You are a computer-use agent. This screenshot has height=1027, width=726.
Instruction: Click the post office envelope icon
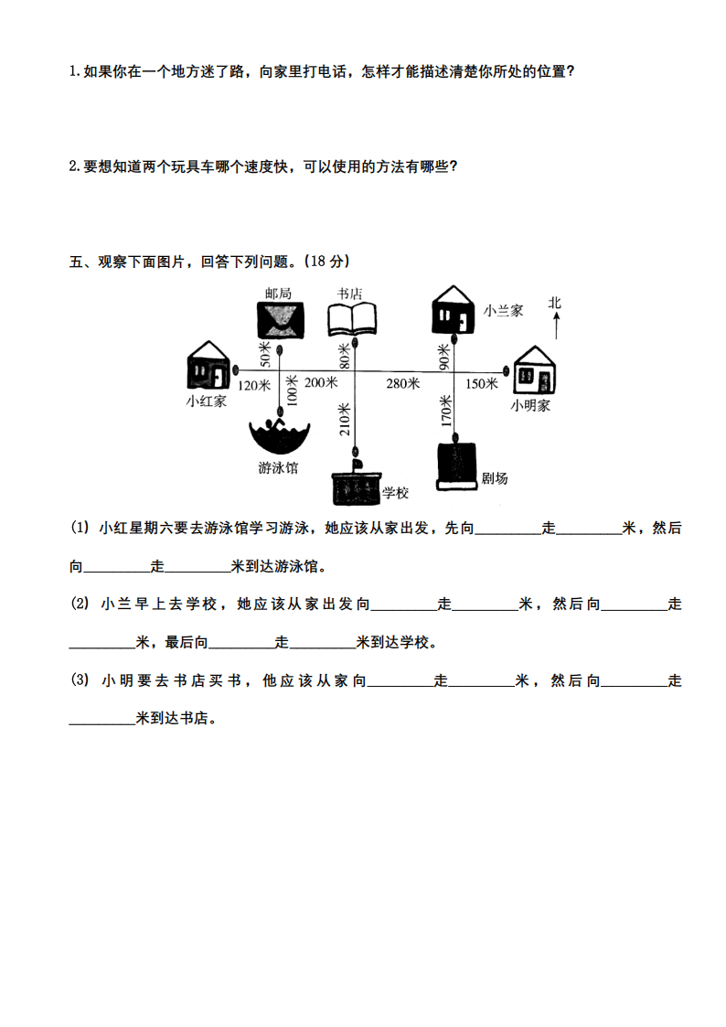[x=280, y=320]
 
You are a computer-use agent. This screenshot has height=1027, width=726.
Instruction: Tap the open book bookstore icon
[x=352, y=318]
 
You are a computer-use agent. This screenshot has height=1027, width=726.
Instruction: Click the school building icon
[x=357, y=485]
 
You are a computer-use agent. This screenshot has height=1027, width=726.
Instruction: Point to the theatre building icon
[x=456, y=466]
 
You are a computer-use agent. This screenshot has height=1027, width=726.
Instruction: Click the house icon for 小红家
[x=208, y=366]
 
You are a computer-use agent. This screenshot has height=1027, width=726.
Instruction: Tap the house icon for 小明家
[x=534, y=370]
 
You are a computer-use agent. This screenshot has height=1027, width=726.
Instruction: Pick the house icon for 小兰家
[x=453, y=309]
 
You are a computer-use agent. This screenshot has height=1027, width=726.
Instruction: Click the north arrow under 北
[x=557, y=326]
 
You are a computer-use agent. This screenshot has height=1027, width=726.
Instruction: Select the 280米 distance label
[x=402, y=383]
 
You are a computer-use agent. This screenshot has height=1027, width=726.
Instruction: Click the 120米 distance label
[x=254, y=385]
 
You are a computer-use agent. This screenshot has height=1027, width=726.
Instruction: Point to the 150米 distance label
[x=482, y=383]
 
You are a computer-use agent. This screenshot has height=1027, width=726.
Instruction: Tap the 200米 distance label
[x=321, y=382]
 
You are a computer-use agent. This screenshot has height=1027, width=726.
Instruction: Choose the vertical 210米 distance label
[x=345, y=419]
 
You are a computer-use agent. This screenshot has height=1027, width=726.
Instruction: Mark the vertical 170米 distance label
[x=446, y=411]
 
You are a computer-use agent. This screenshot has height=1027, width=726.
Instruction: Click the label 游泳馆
[x=278, y=467]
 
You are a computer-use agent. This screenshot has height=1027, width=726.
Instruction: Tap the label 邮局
[x=278, y=293]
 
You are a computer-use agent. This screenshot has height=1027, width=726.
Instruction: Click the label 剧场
[x=495, y=478]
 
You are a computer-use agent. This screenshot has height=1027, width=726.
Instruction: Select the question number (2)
[x=80, y=604]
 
